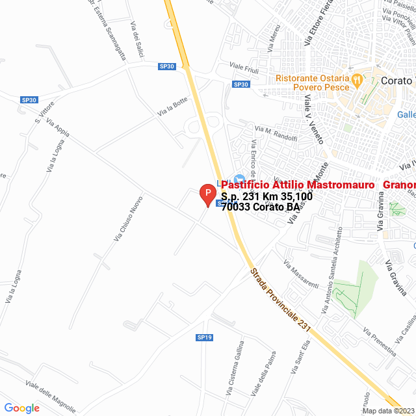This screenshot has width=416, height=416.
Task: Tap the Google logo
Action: tap(21, 408)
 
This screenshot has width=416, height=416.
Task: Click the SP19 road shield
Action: tap(205, 337)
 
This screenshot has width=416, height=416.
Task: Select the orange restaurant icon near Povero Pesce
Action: tap(356, 80)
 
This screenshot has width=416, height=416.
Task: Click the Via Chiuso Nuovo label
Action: tap(128, 220)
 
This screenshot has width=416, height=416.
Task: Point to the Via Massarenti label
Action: tap(300, 274)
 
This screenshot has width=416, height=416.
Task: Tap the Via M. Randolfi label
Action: tap(276, 134)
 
